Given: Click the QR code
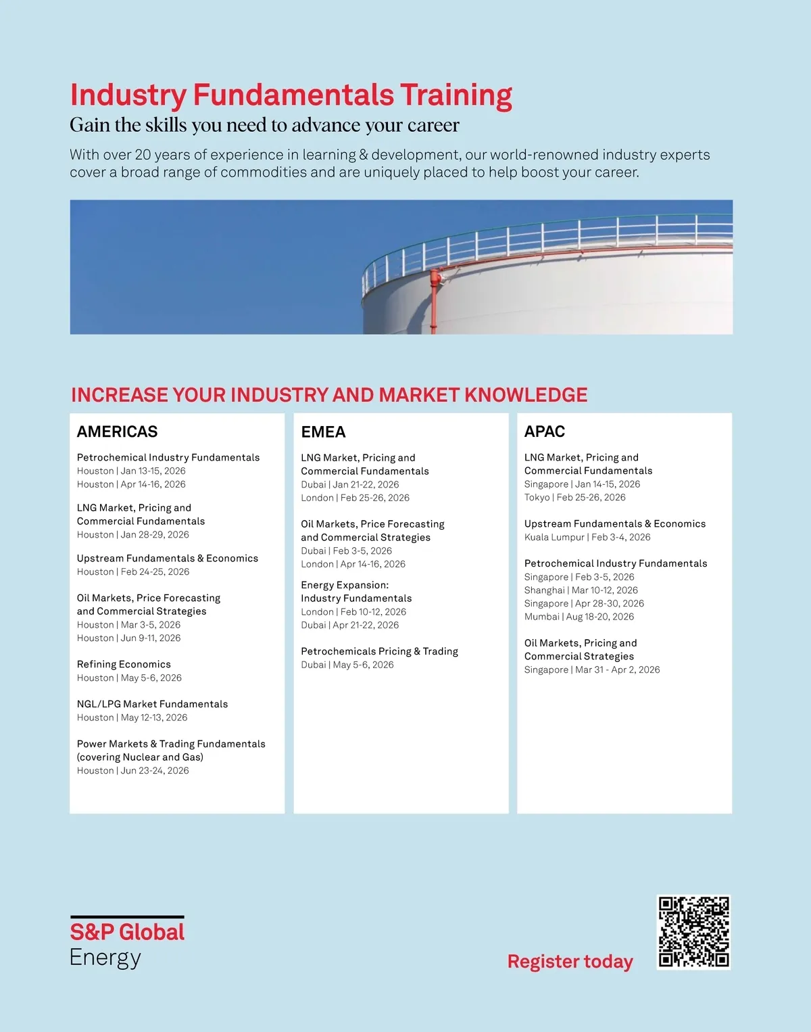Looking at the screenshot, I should (694, 932).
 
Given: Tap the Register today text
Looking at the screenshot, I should (570, 961).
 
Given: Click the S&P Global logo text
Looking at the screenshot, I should (127, 932).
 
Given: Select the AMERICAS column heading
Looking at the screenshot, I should (117, 431).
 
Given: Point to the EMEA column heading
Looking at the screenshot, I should (323, 431).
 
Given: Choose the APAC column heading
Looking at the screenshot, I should (545, 431).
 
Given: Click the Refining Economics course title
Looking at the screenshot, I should (124, 664).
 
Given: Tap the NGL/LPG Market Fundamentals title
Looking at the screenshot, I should (152, 704).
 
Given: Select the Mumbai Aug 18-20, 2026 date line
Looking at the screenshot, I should (579, 617).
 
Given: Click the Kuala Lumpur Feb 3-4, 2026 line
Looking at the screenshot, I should (587, 537).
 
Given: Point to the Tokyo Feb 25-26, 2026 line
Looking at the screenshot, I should (575, 497).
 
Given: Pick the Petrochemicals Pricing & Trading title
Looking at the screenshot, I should (379, 651).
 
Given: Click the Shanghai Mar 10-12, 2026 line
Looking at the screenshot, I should (581, 590).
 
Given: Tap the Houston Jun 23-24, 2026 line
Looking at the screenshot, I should (133, 770).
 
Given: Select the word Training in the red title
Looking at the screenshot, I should (456, 95).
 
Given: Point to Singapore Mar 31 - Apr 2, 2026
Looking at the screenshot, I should (592, 670).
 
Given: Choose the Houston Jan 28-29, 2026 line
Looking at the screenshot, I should (133, 534).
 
